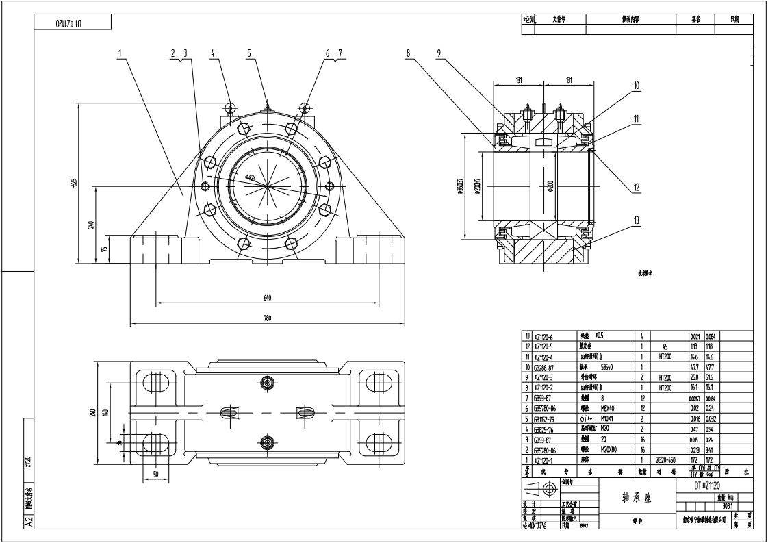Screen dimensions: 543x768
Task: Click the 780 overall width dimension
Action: (x=267, y=318)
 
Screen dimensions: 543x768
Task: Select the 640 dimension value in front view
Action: (x=266, y=297)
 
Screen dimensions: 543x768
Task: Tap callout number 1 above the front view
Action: (x=119, y=52)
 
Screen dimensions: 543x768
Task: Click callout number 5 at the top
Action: (x=249, y=52)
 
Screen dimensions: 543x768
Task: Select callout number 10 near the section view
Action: (x=636, y=86)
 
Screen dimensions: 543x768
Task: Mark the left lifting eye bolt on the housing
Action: (x=230, y=107)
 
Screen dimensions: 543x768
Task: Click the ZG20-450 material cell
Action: (x=666, y=460)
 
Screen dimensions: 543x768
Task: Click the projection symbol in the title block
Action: (x=540, y=490)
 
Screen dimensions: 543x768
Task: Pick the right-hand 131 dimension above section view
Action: (x=568, y=80)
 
